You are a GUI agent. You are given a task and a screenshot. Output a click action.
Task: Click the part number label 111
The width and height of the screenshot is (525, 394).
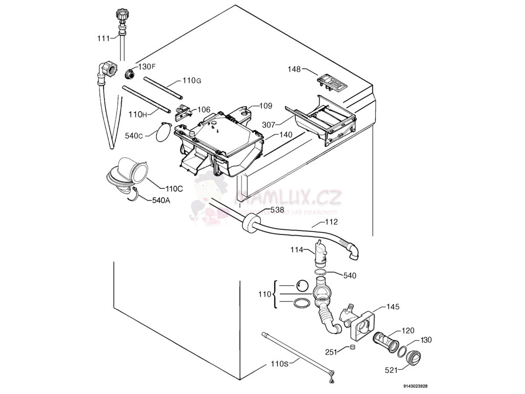coord(104,37)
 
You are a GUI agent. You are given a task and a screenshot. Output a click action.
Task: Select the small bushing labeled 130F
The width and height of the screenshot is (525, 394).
coord(130,73)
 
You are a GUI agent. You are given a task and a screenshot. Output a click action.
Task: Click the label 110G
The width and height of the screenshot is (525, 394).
coord(191,81)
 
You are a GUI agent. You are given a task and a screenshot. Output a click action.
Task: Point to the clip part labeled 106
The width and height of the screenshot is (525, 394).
coord(184,111)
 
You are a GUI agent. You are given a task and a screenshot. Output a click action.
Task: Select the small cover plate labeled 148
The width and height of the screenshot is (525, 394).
coord(330,81)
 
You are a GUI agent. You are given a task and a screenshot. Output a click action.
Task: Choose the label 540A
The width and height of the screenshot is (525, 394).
coord(160,201)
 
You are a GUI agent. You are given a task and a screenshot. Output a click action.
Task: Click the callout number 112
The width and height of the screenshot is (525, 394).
coord(331,223)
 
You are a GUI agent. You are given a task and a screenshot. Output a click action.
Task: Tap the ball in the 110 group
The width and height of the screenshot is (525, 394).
coord(301,286)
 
